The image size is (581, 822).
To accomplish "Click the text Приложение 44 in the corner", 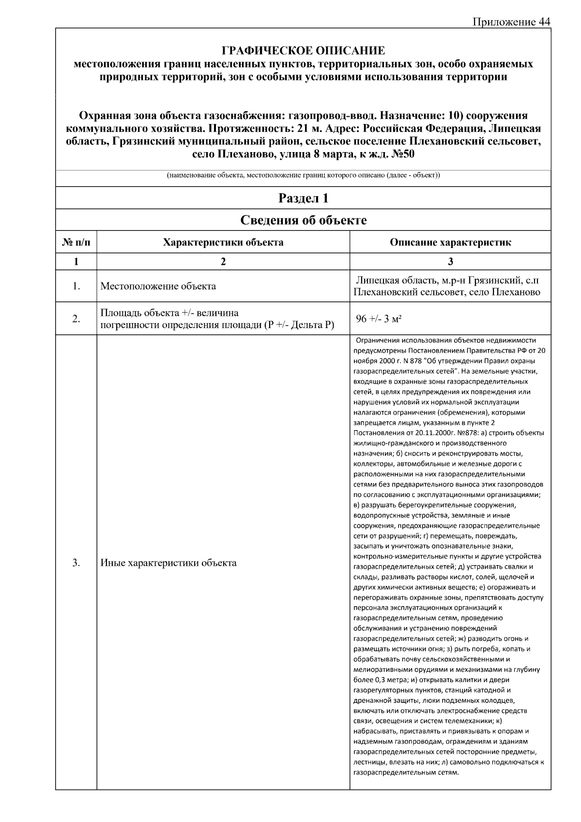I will pos(511,22).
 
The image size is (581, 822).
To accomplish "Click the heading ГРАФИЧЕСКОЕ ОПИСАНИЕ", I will pos(303,51).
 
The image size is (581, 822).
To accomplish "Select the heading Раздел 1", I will pos(303,198).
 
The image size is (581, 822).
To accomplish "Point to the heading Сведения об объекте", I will pos(303,220).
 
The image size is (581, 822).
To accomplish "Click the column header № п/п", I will pos(76,242).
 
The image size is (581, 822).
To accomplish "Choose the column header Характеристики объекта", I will pos(223,242).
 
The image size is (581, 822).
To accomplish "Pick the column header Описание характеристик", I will pos(450,242).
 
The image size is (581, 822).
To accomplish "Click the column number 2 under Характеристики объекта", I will pos(223,262).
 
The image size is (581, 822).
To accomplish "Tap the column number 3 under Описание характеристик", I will pos(450,262).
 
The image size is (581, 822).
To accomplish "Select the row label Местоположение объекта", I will pos(158,286).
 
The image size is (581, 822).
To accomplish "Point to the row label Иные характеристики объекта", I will pos(168,563).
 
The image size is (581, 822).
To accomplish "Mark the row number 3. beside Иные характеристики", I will pos(76,563).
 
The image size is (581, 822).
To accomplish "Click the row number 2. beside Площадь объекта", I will pos(76,319).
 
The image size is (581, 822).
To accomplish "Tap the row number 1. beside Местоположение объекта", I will pos(76,286).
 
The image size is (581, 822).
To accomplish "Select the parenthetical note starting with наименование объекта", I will pos(303,175).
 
